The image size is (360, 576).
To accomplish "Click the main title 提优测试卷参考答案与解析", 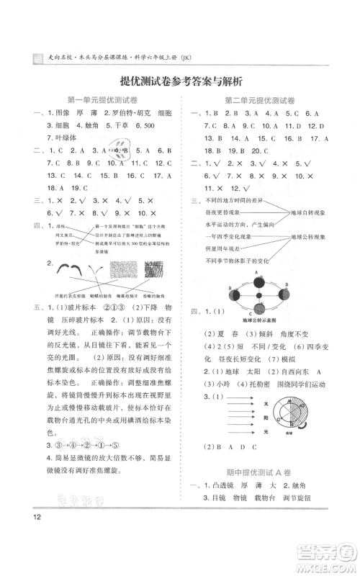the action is [x=180, y=81].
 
